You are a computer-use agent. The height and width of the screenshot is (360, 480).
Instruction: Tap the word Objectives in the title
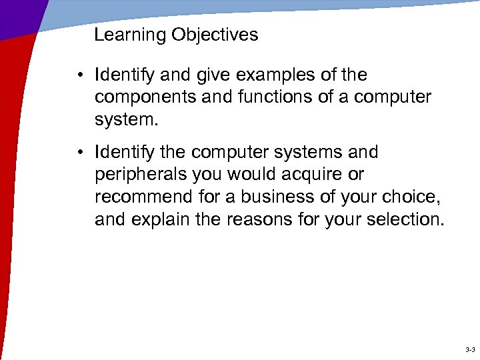(215, 35)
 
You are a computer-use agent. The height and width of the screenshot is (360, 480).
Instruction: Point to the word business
(281, 197)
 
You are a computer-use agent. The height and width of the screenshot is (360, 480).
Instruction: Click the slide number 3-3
(469, 349)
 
